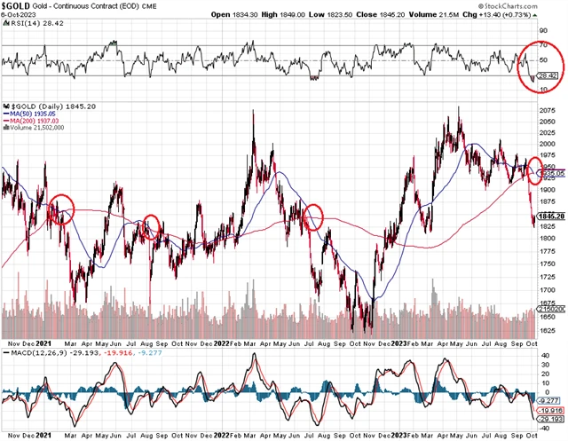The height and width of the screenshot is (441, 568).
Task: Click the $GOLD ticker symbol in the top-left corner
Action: point(15,6)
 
